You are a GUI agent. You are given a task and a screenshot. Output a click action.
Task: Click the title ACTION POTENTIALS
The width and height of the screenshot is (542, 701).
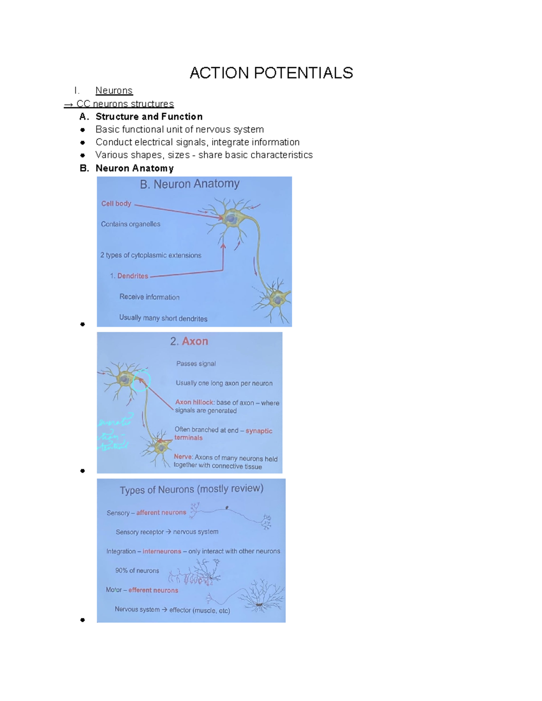pos(271,73)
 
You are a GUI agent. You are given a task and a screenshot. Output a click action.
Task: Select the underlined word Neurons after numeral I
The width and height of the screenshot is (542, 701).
pos(114,91)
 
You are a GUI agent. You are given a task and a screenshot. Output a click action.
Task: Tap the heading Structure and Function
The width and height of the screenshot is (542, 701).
pos(149,116)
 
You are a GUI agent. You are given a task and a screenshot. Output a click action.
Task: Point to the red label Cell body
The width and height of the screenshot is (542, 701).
pos(116,204)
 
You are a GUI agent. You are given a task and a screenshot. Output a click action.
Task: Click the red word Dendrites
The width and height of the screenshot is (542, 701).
pos(133,276)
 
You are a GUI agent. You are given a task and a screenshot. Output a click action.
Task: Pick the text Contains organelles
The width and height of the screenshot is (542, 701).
pos(131,224)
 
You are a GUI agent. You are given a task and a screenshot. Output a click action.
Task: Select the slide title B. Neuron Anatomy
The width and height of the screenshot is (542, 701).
pos(190,184)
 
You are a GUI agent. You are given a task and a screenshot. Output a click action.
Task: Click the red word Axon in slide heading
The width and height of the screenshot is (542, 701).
pos(195,341)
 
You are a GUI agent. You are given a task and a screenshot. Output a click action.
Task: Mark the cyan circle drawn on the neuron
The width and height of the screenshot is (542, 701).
pos(141,380)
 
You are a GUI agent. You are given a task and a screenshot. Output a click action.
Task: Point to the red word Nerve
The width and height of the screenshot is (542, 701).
pos(183,457)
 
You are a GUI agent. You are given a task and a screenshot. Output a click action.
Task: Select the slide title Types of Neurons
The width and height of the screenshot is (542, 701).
pos(191,489)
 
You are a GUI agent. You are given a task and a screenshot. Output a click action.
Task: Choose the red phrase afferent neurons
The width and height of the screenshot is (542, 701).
pos(161,513)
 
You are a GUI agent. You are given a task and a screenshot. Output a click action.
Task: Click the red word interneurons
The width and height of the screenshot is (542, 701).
pos(162,551)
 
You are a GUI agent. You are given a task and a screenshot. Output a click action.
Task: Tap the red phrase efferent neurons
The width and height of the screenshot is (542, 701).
pos(153,590)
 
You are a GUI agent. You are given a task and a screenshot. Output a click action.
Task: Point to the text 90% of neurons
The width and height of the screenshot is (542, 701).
pos(137,571)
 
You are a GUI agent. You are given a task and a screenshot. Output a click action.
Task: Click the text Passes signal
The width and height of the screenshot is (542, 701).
pos(196,363)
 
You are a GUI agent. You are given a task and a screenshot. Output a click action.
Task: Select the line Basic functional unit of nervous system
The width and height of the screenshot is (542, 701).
pos(179,130)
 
